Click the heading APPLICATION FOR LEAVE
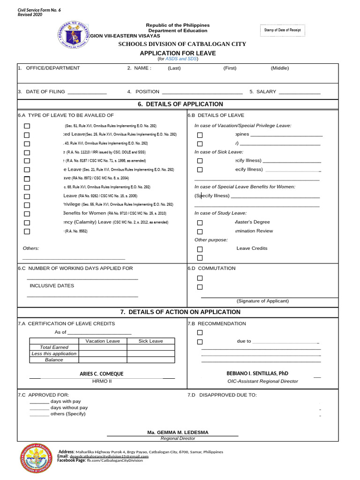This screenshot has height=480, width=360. [x=173, y=53]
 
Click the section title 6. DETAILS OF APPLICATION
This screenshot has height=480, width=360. [x=180, y=104]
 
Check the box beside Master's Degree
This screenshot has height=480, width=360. [x=200, y=223]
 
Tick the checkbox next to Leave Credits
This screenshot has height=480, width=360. [x=200, y=249]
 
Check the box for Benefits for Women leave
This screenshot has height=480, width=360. [x=27, y=214]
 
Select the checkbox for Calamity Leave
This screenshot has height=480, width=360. [x=27, y=223]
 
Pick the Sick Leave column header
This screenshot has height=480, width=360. [x=150, y=341]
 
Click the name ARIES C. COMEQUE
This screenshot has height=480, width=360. [x=102, y=374]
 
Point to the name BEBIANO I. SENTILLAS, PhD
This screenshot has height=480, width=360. [x=257, y=374]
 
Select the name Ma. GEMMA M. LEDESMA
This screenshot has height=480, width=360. [x=178, y=432]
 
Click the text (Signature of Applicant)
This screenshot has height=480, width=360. [x=262, y=301]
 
